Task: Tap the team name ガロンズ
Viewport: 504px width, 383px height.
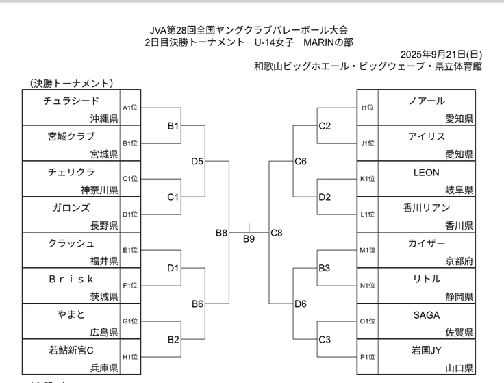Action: click(x=71, y=208)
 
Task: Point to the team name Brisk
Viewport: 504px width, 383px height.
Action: click(x=71, y=279)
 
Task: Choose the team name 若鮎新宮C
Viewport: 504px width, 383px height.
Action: click(x=71, y=350)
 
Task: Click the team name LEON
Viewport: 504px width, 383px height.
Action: click(x=427, y=172)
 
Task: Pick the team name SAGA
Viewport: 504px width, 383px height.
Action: click(x=427, y=314)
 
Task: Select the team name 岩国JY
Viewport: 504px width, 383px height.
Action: click(x=427, y=350)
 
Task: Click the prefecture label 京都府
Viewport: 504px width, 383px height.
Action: click(x=459, y=261)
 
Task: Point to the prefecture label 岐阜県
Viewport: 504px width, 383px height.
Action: click(x=459, y=190)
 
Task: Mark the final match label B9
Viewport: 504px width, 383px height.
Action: click(x=249, y=239)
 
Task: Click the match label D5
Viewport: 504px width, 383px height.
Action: click(x=197, y=162)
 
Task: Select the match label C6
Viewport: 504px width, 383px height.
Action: click(x=300, y=162)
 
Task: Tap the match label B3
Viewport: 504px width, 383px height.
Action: click(x=325, y=268)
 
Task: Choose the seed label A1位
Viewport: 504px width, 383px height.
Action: click(x=130, y=108)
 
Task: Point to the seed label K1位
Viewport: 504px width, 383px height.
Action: click(x=368, y=179)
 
